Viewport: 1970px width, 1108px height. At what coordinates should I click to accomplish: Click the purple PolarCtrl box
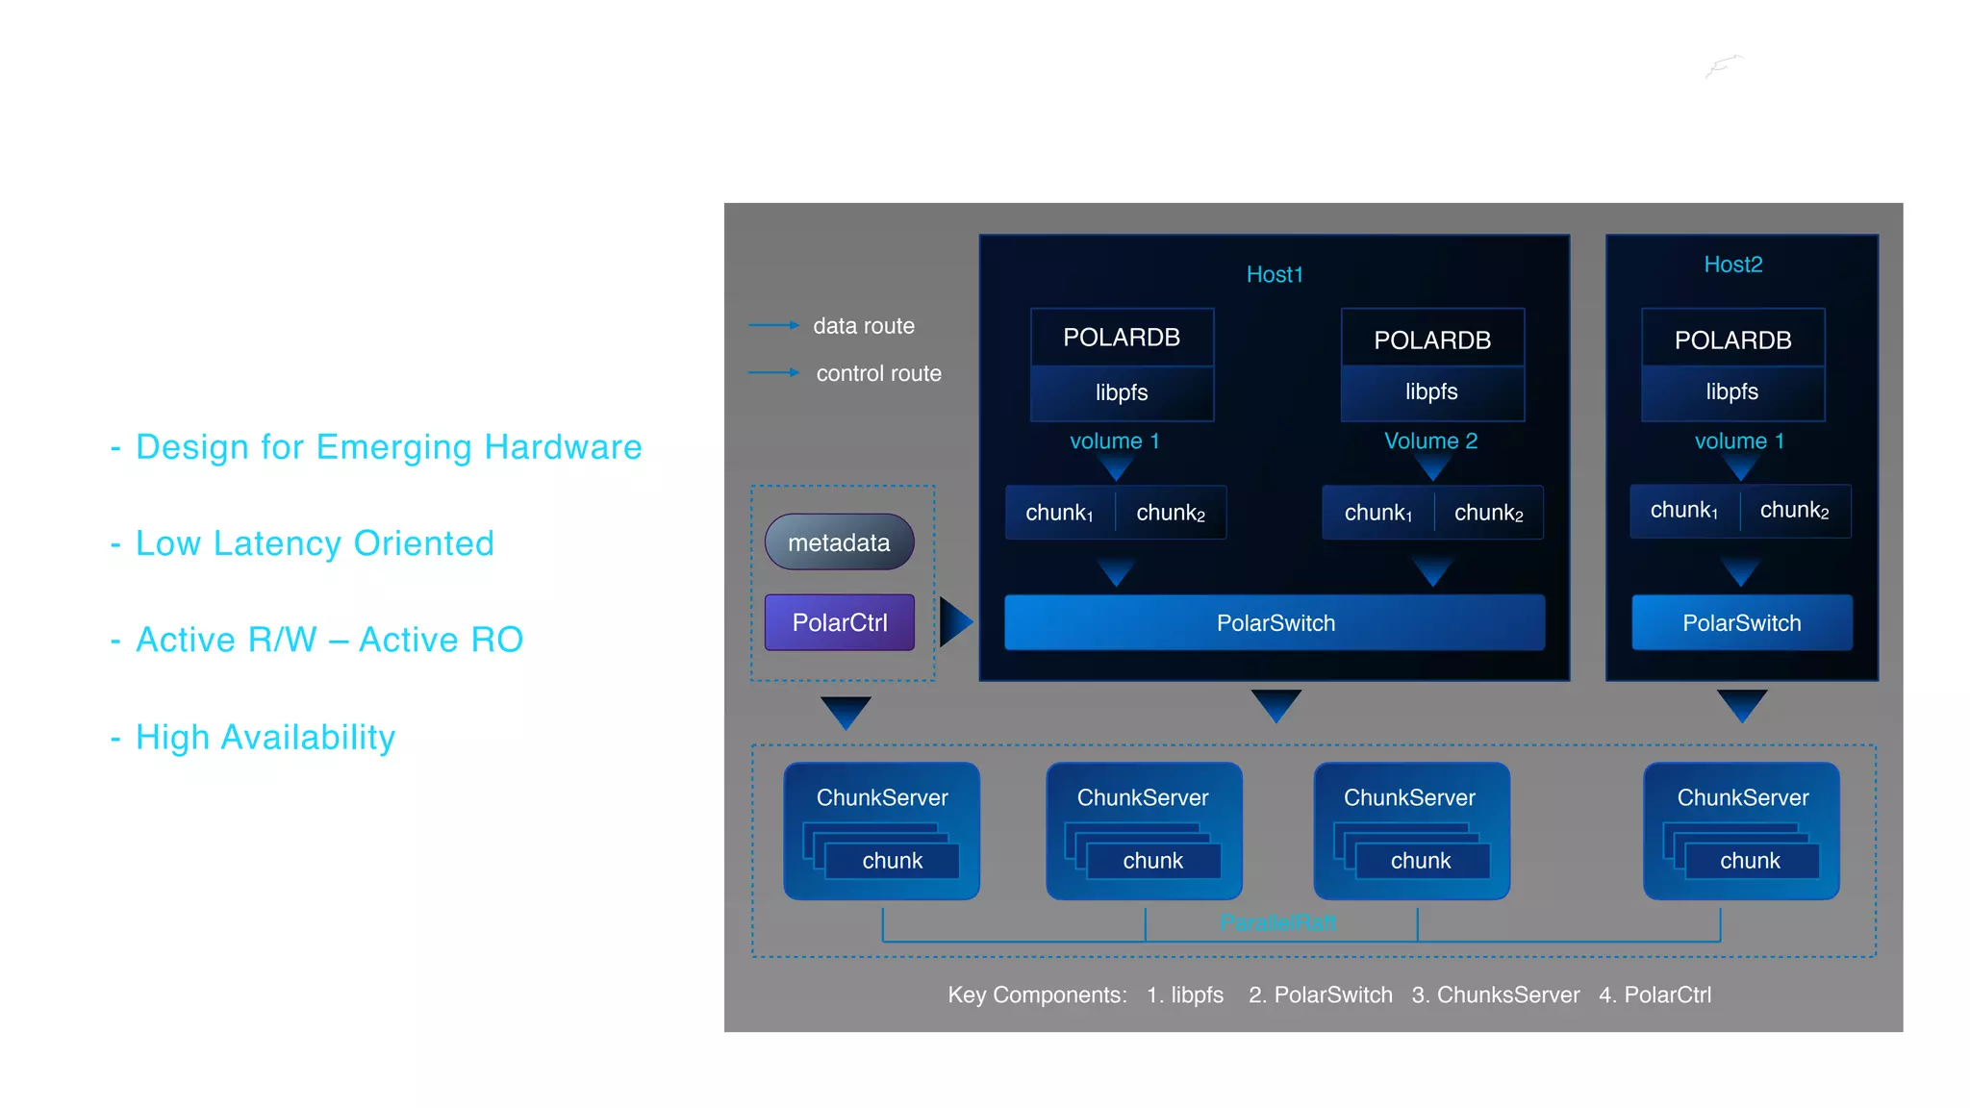[x=839, y=622]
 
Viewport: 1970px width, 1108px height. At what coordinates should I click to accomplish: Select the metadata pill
[x=839, y=542]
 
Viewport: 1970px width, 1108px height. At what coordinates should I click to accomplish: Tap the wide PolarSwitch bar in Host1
[x=1275, y=622]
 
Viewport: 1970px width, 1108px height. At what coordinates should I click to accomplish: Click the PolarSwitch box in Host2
[x=1741, y=622]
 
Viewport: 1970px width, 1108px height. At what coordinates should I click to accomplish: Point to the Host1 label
[x=1275, y=274]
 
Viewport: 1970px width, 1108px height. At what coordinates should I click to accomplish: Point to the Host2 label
[x=1732, y=264]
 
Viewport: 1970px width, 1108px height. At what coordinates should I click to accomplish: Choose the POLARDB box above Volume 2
[x=1432, y=340]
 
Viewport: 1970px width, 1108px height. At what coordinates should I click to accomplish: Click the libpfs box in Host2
[x=1731, y=391]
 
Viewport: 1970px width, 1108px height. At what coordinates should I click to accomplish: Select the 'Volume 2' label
[x=1430, y=441]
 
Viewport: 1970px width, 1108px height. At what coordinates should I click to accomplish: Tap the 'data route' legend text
[x=863, y=326]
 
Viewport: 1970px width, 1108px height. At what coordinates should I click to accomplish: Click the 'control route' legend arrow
[x=773, y=372]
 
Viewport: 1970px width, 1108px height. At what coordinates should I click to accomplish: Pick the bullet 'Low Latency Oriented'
[x=315, y=543]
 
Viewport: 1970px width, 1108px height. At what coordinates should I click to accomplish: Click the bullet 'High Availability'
[x=265, y=738]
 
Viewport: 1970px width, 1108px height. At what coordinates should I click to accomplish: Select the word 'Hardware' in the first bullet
[x=563, y=447]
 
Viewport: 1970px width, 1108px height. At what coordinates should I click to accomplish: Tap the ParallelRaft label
[x=1277, y=922]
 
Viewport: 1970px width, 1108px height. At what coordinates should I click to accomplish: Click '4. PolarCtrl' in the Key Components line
[x=1654, y=995]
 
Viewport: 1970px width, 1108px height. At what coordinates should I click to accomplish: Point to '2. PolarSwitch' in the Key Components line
[x=1320, y=995]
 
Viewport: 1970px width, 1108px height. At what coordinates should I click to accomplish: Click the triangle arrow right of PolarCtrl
[x=955, y=622]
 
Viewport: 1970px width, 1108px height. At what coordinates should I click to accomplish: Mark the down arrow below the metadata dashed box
[x=846, y=712]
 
